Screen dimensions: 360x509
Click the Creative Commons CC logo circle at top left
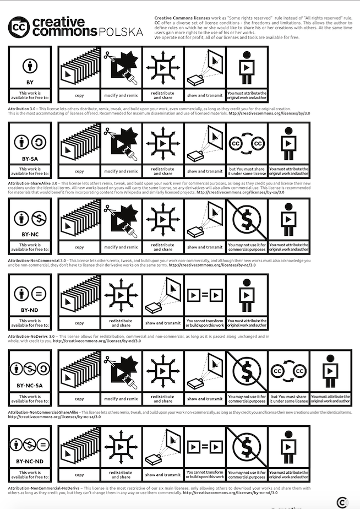tap(20, 26)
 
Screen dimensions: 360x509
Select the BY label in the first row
tap(30, 83)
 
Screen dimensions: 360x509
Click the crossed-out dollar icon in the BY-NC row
tap(247, 219)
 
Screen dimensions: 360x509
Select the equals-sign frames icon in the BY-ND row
tap(205, 295)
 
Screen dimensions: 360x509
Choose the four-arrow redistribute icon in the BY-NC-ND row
tap(122, 446)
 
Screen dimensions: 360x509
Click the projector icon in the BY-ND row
tap(163, 295)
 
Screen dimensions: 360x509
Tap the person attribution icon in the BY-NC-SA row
tap(330, 370)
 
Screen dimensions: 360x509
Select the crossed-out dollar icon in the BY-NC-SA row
tap(247, 370)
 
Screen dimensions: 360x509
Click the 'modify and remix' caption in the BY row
tap(122, 96)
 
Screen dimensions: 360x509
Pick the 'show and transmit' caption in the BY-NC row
tap(205, 247)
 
